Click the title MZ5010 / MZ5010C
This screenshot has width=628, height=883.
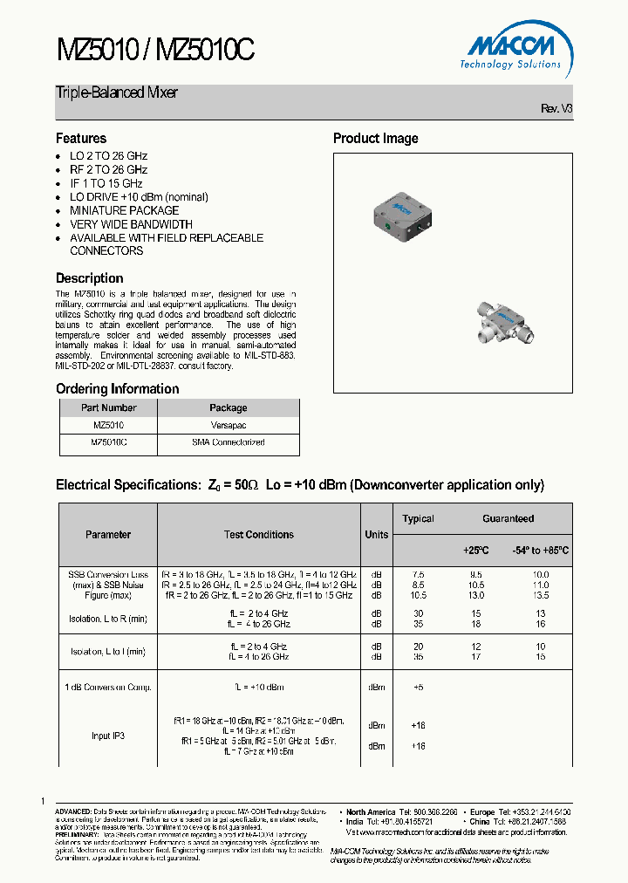pos(155,51)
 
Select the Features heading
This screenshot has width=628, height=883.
pos(81,139)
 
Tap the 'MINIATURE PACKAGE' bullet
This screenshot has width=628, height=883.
pos(124,210)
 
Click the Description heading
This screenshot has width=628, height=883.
pos(90,278)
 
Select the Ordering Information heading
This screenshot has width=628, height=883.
pos(118,389)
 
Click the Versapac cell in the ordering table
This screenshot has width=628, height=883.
pos(228,425)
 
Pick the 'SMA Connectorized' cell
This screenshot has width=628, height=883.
pos(228,442)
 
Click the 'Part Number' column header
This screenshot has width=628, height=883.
pos(108,407)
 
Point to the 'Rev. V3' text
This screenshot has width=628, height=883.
pos(556,108)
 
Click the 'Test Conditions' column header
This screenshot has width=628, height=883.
pos(259,535)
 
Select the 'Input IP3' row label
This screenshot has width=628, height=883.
pos(108,736)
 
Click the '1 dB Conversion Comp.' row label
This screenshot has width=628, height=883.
pos(108,688)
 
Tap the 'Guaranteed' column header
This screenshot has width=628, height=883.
pos(508,518)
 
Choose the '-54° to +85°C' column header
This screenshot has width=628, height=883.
pos(540,551)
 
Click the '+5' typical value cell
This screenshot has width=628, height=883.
pos(417,688)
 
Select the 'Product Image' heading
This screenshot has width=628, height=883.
pos(375,139)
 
